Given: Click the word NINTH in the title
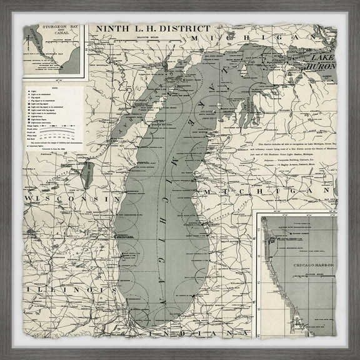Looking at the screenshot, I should [109, 29].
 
